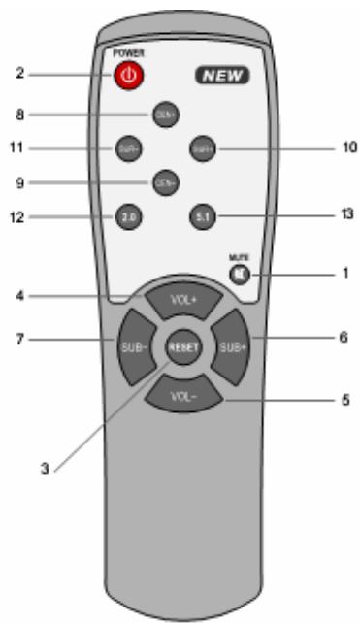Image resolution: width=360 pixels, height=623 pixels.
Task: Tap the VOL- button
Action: (x=181, y=397)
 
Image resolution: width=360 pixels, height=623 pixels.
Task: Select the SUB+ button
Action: (x=229, y=346)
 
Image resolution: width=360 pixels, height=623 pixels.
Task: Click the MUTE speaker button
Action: (x=239, y=275)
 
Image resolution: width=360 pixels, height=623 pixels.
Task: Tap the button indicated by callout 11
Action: (x=126, y=148)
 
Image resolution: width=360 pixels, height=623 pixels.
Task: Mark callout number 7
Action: (x=19, y=339)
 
